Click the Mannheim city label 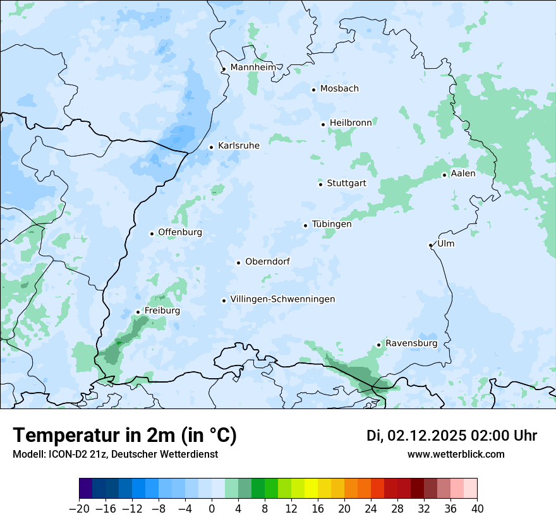[253, 67]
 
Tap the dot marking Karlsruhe [212, 147]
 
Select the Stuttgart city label [346, 184]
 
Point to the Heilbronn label [351, 122]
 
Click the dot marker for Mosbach [313, 90]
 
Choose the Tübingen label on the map [332, 224]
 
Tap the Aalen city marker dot [444, 175]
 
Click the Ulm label [445, 244]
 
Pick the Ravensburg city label [411, 343]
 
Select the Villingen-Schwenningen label [282, 299]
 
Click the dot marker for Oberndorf [238, 263]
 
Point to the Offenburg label [180, 232]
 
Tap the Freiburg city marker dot [138, 312]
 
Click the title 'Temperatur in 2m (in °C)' [124, 436]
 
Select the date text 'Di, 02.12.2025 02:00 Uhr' [452, 436]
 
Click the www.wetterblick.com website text [456, 455]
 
